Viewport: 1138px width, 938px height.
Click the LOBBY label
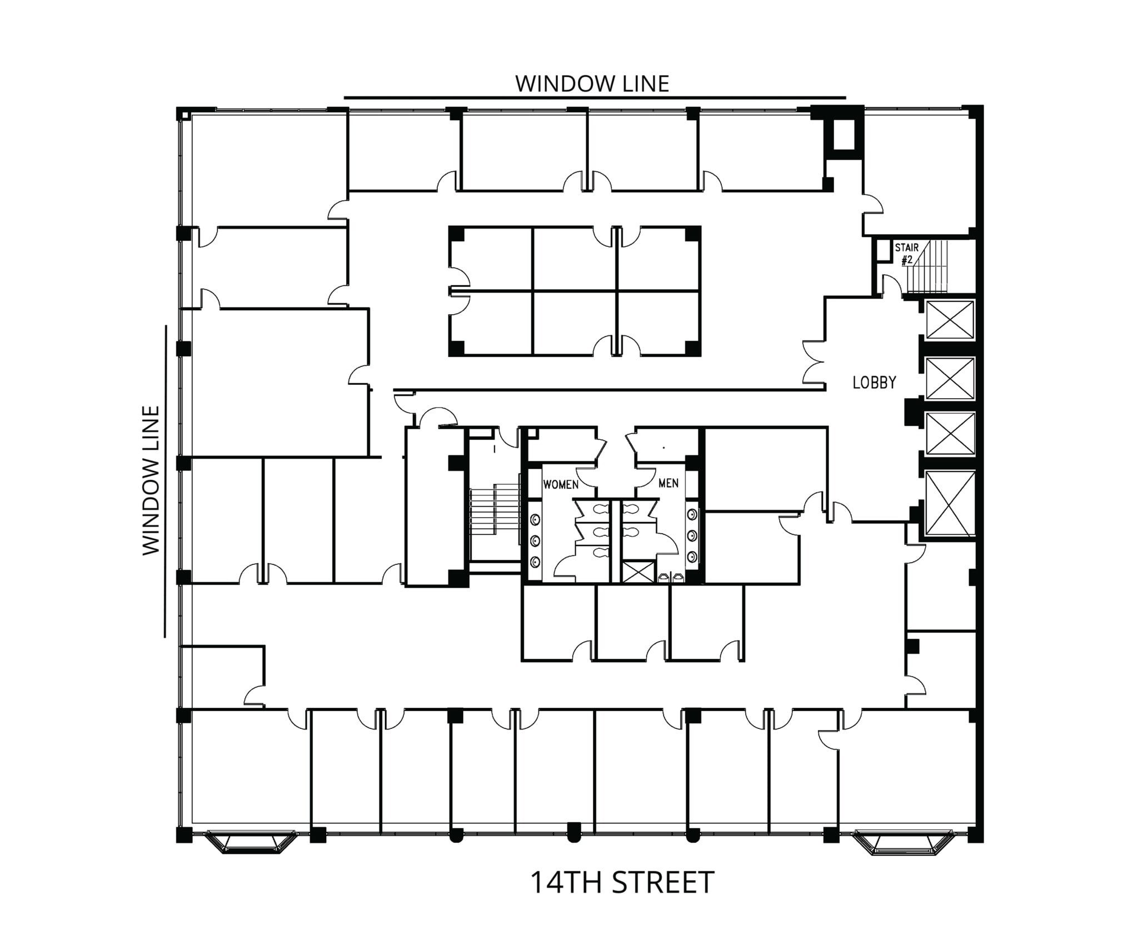pos(874,383)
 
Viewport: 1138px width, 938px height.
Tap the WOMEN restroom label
pos(560,484)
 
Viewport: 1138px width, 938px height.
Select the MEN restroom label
pos(668,483)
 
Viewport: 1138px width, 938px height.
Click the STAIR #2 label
pos(906,253)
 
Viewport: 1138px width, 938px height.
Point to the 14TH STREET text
pos(622,882)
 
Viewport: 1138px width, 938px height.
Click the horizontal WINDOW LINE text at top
pos(592,83)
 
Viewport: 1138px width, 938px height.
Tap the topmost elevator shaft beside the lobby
pos(950,319)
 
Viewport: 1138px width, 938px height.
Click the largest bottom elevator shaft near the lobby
pos(951,503)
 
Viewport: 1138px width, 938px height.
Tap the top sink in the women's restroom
pos(535,520)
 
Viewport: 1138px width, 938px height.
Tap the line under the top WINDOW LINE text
pos(595,98)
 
